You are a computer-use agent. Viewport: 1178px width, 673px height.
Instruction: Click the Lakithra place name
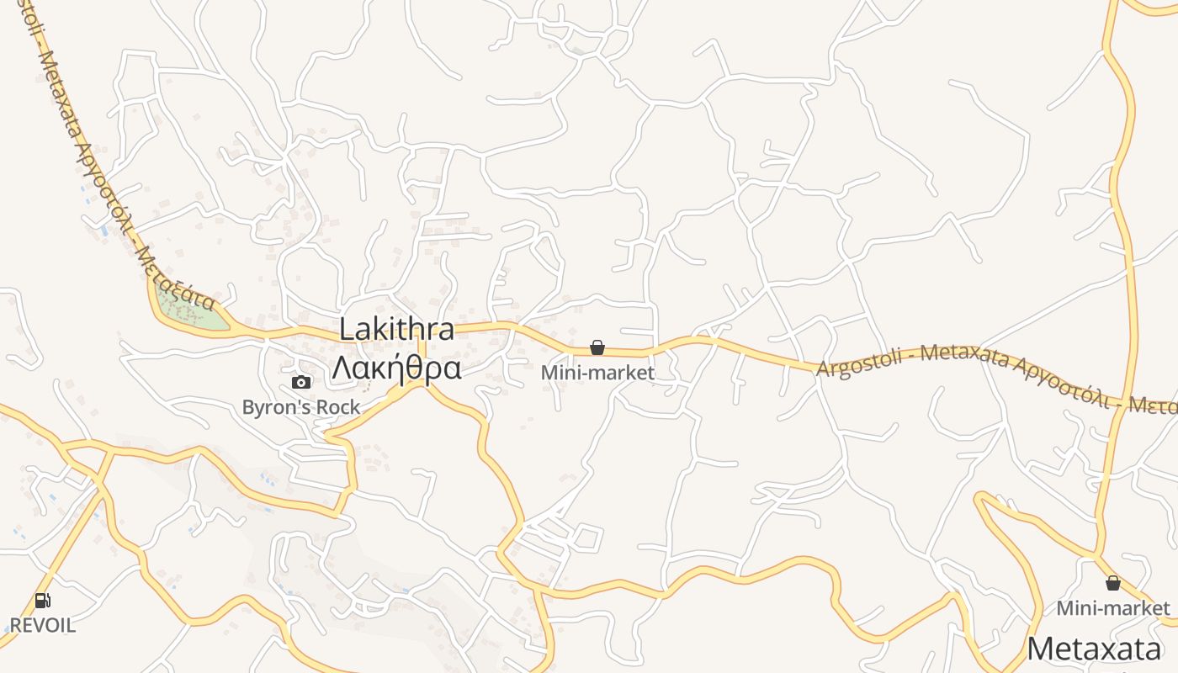[x=396, y=330]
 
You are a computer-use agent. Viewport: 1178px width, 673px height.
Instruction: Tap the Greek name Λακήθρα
[x=396, y=368]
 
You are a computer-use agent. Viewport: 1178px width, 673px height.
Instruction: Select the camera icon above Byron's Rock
[x=300, y=383]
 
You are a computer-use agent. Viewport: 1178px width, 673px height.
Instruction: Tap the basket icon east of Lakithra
[x=597, y=347]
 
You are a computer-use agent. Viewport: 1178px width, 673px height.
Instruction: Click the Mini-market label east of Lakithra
[x=597, y=372]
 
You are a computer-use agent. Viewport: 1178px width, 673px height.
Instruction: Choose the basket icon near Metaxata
[x=1113, y=583]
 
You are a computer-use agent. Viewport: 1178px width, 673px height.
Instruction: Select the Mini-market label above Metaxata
[x=1113, y=607]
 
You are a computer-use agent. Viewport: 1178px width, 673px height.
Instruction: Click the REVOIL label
[x=42, y=626]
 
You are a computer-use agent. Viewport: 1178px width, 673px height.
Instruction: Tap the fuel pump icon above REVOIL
[x=42, y=601]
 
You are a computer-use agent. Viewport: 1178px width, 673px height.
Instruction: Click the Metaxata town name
[x=1094, y=649]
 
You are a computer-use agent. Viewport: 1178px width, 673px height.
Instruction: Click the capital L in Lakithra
[x=346, y=330]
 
